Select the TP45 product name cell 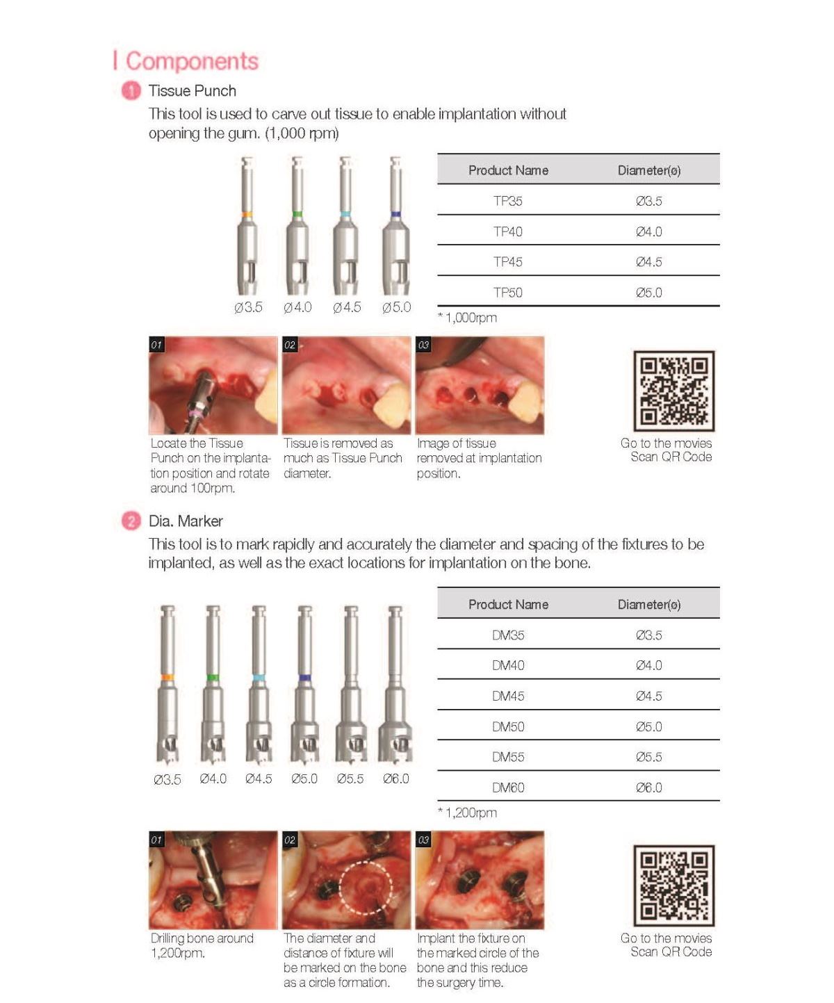507,262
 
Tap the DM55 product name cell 507,757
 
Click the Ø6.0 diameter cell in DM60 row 648,788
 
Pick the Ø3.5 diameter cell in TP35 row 648,201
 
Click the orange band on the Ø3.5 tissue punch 247,215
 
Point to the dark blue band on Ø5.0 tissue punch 395,214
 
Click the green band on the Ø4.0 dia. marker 213,677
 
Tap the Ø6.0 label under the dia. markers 395,779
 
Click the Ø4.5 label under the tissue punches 346,307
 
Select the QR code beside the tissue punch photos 673,391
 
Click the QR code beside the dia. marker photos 673,886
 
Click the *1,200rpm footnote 467,813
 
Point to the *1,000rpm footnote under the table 467,318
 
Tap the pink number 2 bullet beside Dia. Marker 131,521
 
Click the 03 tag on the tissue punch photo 423,345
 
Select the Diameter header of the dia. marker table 648,605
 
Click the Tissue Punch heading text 192,91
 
